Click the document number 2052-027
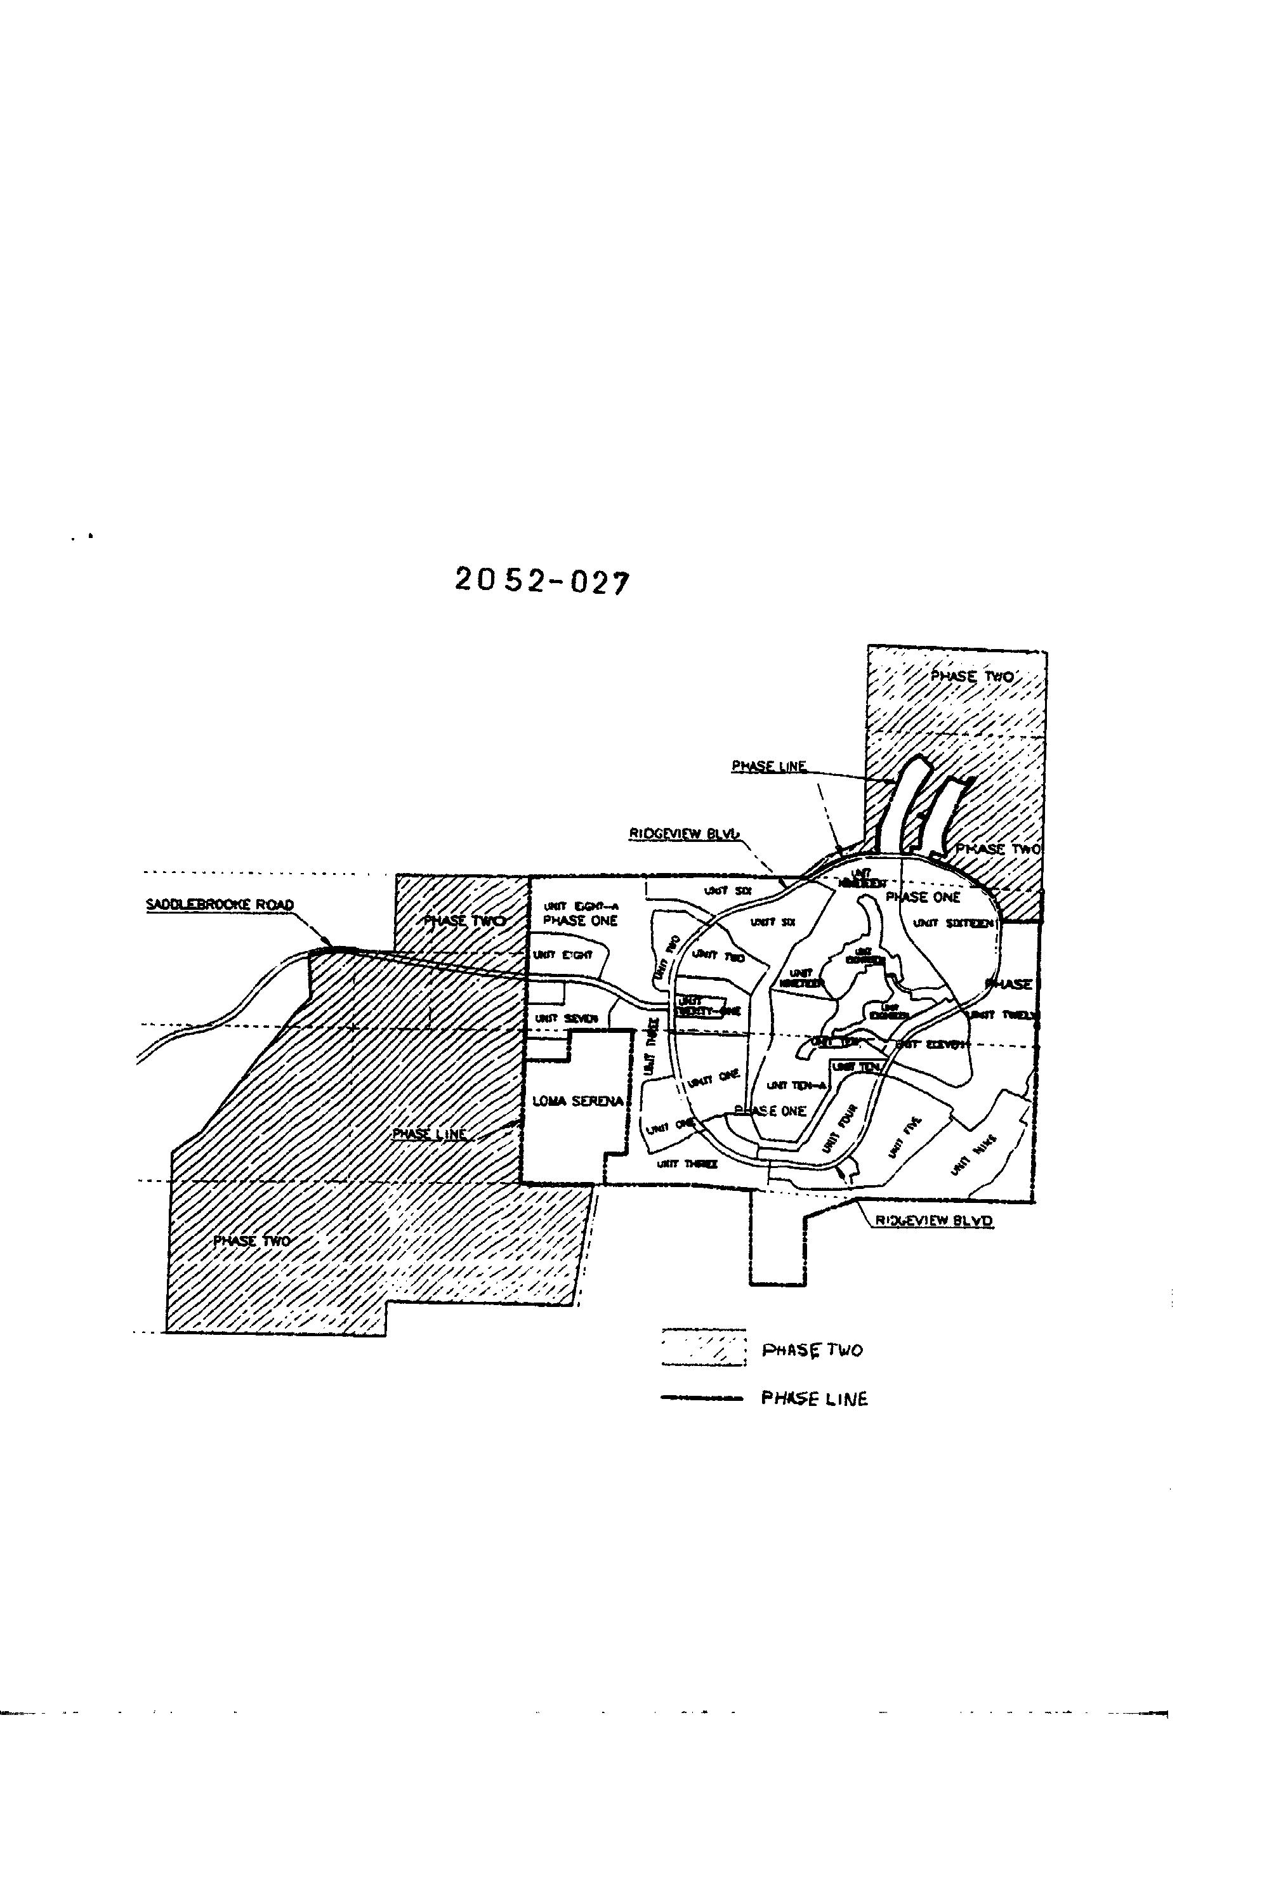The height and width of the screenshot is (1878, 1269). pos(541,581)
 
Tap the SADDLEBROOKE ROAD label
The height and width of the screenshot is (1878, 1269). pos(219,905)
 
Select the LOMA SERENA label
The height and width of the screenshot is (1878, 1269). pos(577,1101)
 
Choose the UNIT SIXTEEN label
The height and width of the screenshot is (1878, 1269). pos(953,923)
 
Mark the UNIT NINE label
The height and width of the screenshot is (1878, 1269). pos(973,1154)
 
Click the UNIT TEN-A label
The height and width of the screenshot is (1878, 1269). pos(796,1086)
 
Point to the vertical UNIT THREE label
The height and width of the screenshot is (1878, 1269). pos(650,1051)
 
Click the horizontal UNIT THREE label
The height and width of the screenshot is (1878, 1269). pos(687,1164)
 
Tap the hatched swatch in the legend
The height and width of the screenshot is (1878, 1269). pos(702,1348)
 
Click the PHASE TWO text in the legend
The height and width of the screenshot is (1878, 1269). pos(812,1349)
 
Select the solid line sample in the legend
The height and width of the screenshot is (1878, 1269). pos(700,1398)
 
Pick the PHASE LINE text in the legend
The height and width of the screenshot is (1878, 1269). pos(814,1399)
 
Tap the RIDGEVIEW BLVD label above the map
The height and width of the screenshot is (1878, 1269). pos(685,833)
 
